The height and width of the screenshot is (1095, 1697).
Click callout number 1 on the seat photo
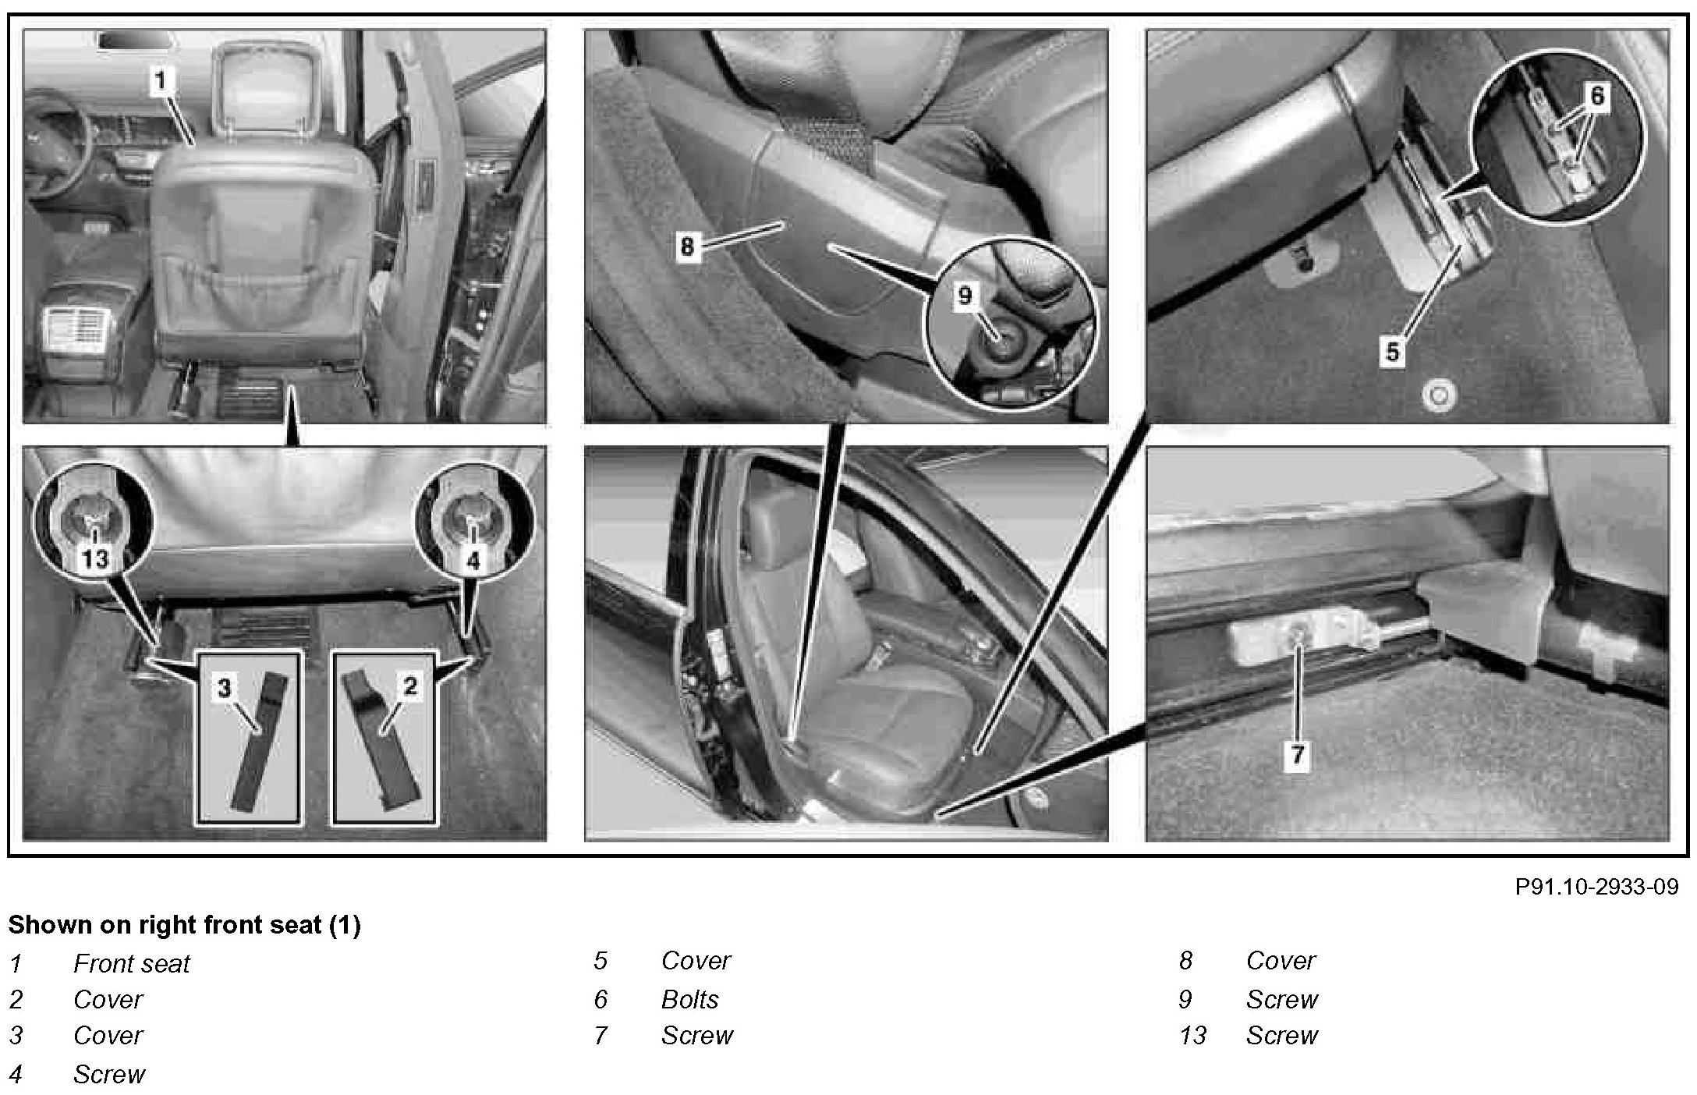pyautogui.click(x=160, y=80)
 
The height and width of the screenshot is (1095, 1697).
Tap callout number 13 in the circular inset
pyautogui.click(x=95, y=558)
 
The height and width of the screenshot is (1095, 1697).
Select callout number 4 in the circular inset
pyautogui.click(x=473, y=559)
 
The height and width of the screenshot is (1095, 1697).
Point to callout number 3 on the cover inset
pyautogui.click(x=225, y=687)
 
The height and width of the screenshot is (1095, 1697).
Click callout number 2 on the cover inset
pyautogui.click(x=410, y=686)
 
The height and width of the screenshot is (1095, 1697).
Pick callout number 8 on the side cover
pyautogui.click(x=686, y=246)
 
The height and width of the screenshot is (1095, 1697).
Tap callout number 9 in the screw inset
pyautogui.click(x=965, y=296)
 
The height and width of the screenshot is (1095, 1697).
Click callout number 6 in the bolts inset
pyautogui.click(x=1596, y=96)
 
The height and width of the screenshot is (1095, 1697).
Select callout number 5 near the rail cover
pyautogui.click(x=1392, y=352)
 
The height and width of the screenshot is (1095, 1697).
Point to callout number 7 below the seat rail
pyautogui.click(x=1297, y=754)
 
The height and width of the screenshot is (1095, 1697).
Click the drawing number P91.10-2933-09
pyautogui.click(x=1596, y=887)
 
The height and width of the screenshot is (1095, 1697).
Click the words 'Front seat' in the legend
pyautogui.click(x=131, y=964)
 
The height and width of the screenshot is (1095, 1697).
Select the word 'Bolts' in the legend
pyautogui.click(x=689, y=1000)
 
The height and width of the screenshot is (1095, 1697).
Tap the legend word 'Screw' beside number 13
pyautogui.click(x=1281, y=1036)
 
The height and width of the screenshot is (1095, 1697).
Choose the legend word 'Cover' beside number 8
pyautogui.click(x=1281, y=961)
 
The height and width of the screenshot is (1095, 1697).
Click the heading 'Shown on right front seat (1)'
pyautogui.click(x=184, y=925)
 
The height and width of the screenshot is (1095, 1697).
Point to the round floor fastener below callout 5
pyautogui.click(x=1439, y=395)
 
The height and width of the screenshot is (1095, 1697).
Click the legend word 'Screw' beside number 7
pyautogui.click(x=696, y=1036)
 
